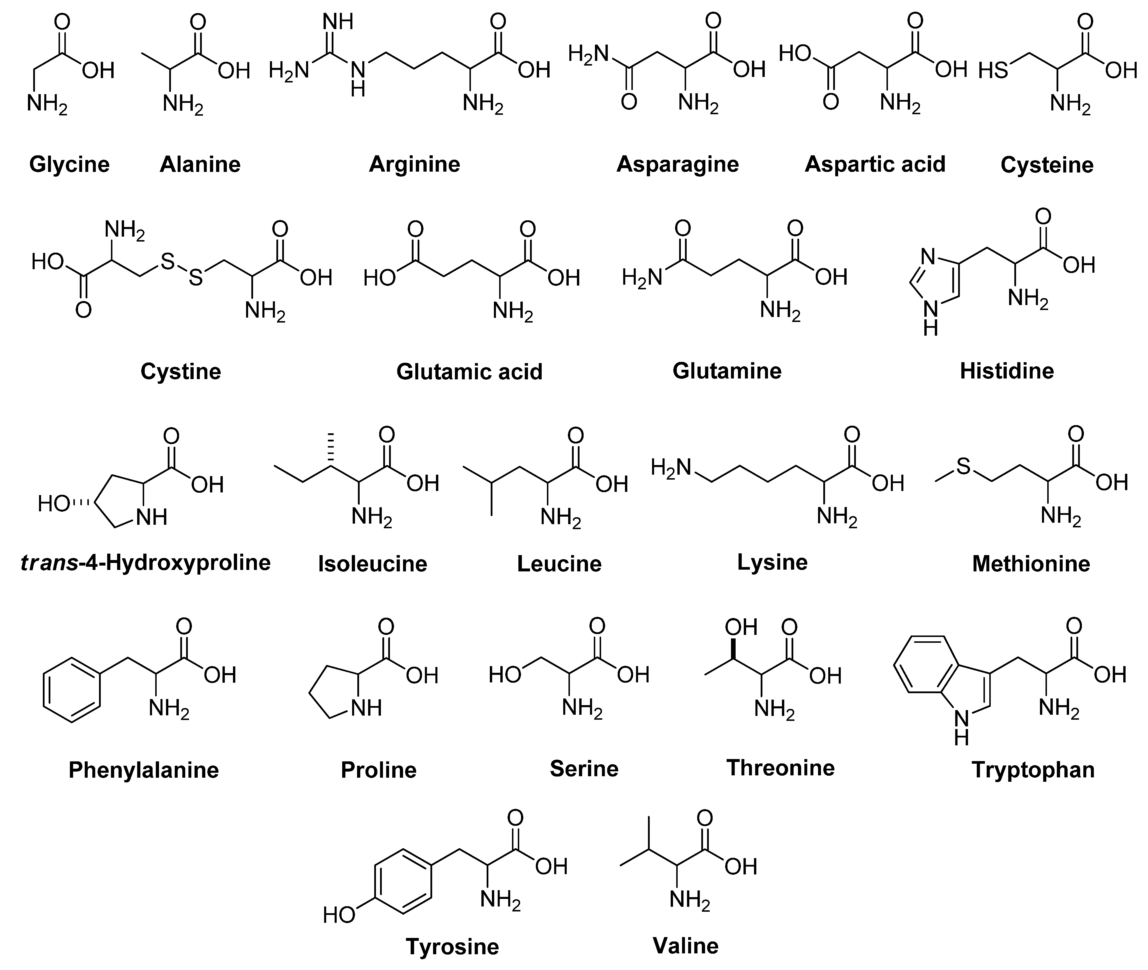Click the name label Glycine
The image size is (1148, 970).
[69, 164]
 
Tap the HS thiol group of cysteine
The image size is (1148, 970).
[994, 71]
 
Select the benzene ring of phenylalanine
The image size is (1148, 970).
[71, 690]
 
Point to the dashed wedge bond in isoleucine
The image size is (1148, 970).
[331, 448]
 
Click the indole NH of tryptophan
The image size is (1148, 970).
[961, 726]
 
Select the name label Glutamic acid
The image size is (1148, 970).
[469, 372]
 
